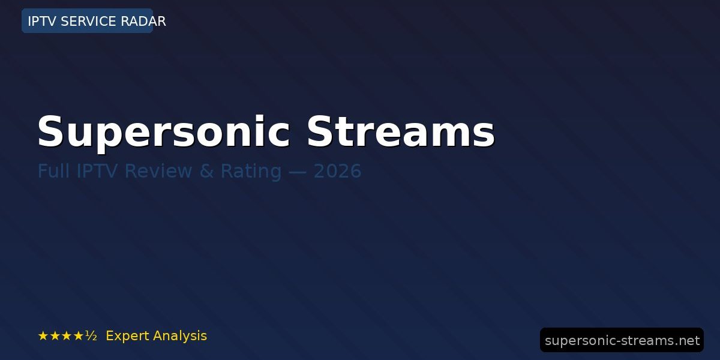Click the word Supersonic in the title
click(164, 133)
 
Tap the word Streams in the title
click(401, 131)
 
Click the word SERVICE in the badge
click(88, 21)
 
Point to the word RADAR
click(143, 21)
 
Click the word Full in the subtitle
click(53, 170)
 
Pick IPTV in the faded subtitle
click(97, 170)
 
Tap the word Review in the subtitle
click(158, 170)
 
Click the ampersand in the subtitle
click(206, 170)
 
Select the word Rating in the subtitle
click(251, 172)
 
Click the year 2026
click(337, 170)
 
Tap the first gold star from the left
click(43, 336)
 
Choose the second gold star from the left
click(55, 336)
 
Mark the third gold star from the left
click(67, 336)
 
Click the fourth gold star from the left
click(79, 336)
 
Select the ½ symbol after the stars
click(91, 336)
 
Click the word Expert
click(127, 336)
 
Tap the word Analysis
click(179, 336)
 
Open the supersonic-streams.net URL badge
click(622, 340)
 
